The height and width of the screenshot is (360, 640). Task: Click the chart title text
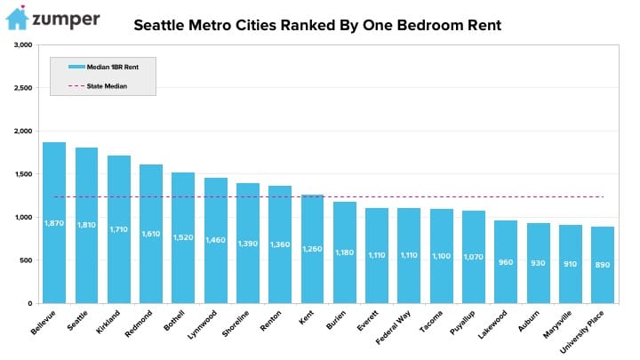tap(317, 25)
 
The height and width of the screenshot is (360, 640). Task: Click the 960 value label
tap(506, 264)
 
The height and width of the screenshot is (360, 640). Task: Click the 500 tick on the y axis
tap(25, 260)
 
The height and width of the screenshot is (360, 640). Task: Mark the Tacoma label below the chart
tap(411, 324)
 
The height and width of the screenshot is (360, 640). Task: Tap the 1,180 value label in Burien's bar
tap(345, 252)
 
